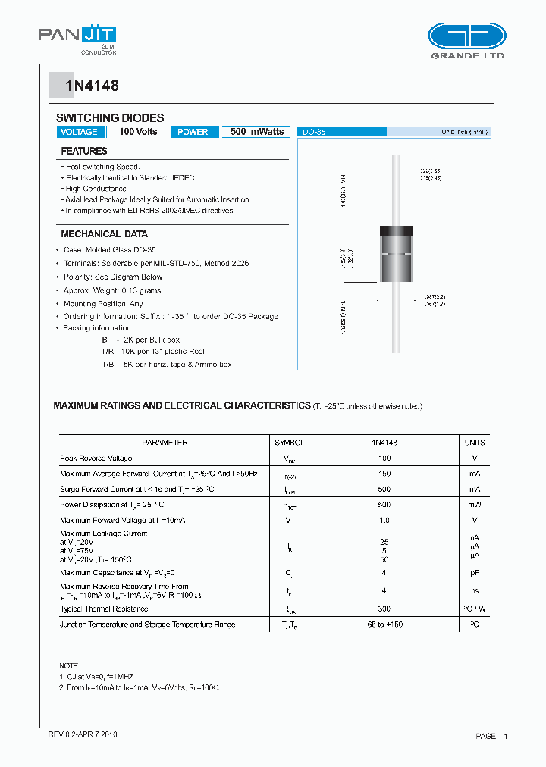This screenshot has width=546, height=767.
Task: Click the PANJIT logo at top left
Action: [77, 37]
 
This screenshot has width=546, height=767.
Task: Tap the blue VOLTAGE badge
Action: [79, 132]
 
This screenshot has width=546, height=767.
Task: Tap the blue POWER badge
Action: [193, 132]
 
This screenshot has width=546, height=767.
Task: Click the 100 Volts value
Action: [138, 132]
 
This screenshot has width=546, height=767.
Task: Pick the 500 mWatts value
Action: [257, 132]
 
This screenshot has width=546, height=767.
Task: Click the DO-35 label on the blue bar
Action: [314, 132]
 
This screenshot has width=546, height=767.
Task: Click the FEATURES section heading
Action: [84, 152]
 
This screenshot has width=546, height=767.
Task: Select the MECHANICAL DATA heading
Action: [104, 234]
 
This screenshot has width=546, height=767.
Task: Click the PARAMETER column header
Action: [165, 442]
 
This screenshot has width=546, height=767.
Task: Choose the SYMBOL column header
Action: [288, 442]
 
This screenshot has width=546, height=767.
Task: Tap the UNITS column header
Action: [475, 442]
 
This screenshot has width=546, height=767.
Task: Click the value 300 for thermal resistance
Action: [384, 609]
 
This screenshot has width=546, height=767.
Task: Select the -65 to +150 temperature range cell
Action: [384, 625]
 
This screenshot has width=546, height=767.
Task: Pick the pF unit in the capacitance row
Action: [475, 574]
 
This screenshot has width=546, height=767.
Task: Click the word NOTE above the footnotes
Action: [69, 665]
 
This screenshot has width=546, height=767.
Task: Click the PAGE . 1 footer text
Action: [492, 736]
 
